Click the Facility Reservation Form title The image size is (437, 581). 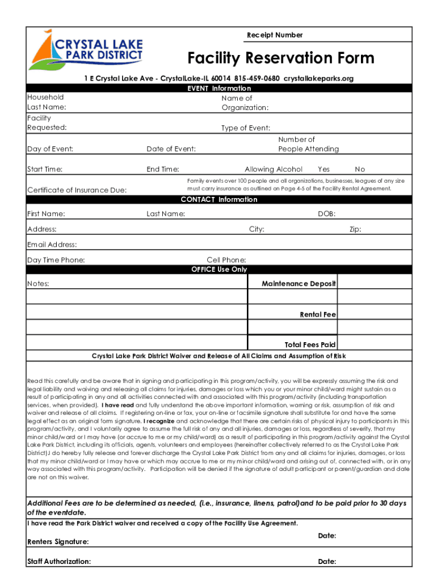(x=281, y=58)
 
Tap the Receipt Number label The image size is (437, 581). (x=275, y=35)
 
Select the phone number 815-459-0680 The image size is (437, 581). (x=255, y=78)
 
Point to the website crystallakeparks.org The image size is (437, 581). (x=318, y=78)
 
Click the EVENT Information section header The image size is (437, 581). (x=219, y=88)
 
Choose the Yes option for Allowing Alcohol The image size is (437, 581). (x=323, y=169)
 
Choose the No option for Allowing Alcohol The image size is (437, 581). (x=360, y=169)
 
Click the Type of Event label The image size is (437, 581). (x=245, y=128)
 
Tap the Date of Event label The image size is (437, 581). (x=171, y=149)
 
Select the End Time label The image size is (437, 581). (x=163, y=169)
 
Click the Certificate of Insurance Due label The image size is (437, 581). (x=77, y=190)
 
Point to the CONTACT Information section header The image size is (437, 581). (x=219, y=200)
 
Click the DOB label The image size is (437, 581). (x=326, y=214)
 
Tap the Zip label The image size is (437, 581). (x=355, y=229)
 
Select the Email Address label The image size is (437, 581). (x=52, y=245)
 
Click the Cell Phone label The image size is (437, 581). (x=226, y=260)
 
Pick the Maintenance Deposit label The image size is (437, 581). (x=299, y=283)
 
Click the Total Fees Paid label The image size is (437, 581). (x=310, y=344)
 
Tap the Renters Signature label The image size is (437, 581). (x=58, y=542)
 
